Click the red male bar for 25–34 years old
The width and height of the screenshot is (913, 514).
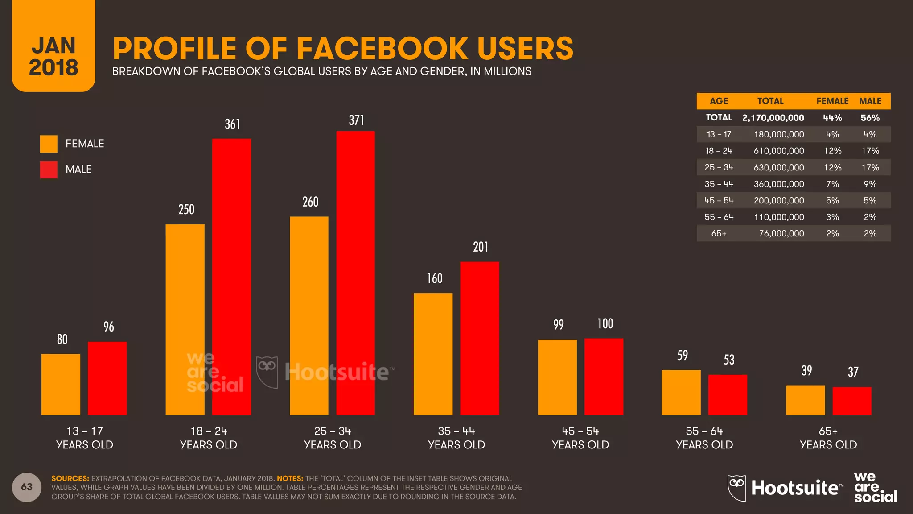point(355,273)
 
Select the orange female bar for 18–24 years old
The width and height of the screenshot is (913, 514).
point(185,319)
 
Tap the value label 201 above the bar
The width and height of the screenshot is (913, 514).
point(481,247)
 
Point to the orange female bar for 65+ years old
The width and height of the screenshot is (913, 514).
point(805,400)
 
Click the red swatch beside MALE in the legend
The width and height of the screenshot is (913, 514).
point(49,170)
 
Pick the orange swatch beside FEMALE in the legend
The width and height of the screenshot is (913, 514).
point(49,144)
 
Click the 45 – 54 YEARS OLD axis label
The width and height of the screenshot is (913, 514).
point(580,438)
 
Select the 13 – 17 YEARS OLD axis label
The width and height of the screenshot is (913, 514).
point(84,438)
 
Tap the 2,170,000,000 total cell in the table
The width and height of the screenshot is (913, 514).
point(773,118)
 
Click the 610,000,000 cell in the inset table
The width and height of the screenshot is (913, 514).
point(779,151)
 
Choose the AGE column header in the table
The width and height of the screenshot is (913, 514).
point(719,101)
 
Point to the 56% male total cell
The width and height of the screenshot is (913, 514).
point(870,118)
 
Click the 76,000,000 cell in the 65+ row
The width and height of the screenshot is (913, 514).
point(781,233)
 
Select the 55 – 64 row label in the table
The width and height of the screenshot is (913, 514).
point(719,217)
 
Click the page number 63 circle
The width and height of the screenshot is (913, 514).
point(27,487)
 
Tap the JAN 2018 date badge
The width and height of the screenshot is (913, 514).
point(53,56)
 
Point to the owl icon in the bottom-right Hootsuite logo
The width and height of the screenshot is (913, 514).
point(736,488)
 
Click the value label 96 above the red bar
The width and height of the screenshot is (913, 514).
point(109,327)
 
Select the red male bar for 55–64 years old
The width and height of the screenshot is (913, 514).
point(728,395)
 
